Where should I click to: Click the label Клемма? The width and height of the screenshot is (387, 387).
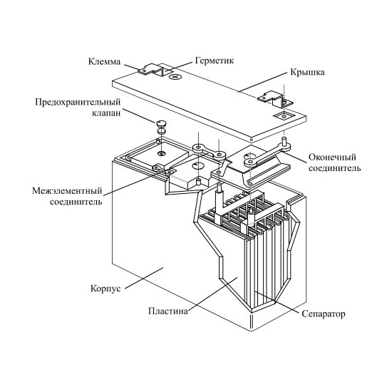click(x=104, y=61)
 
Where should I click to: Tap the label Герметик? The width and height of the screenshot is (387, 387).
click(x=215, y=61)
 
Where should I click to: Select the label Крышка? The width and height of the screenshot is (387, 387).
click(x=307, y=72)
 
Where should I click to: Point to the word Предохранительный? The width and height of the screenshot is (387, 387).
click(x=78, y=102)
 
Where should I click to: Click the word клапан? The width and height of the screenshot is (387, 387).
click(x=107, y=113)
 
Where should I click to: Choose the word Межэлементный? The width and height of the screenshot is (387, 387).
click(x=67, y=191)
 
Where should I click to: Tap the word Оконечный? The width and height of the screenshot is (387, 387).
click(x=332, y=158)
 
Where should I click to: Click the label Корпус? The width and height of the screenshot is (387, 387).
click(x=105, y=288)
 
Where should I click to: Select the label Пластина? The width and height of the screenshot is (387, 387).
click(x=167, y=311)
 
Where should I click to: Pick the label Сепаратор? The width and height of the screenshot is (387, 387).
click(x=324, y=314)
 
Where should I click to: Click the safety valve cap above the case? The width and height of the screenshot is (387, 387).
click(x=161, y=123)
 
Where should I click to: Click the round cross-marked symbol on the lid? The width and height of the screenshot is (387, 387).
click(x=175, y=77)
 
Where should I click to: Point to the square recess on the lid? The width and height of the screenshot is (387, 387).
click(x=284, y=115)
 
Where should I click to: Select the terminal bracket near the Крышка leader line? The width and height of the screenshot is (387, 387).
click(x=275, y=100)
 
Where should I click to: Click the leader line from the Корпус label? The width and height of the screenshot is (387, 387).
click(x=145, y=278)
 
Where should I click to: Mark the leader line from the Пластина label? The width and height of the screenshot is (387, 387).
click(x=212, y=293)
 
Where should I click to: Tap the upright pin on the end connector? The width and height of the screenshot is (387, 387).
click(x=284, y=141)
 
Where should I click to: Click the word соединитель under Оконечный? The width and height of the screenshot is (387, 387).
click(x=335, y=168)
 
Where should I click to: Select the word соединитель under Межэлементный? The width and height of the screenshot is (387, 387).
click(x=76, y=202)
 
